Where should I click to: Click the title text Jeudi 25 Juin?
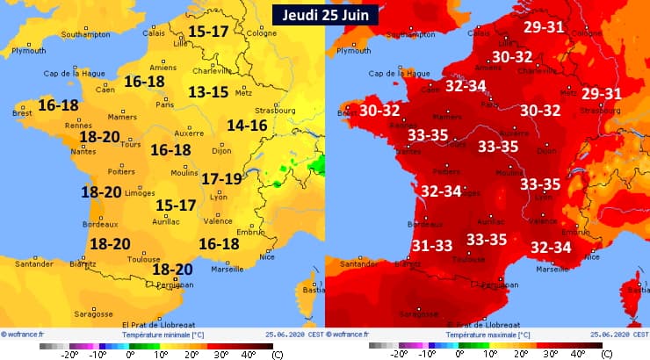click(x=325, y=13)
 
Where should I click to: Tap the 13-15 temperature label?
click(x=208, y=92)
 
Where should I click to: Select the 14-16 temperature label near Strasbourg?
click(x=247, y=126)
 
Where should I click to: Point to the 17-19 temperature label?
click(x=221, y=179)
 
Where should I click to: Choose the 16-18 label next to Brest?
click(x=58, y=105)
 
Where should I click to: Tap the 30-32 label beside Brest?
click(x=380, y=111)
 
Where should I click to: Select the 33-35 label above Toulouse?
click(x=487, y=239)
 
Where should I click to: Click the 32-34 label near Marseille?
click(x=552, y=248)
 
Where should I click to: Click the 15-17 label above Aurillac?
click(x=176, y=205)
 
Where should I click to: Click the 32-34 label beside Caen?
click(x=466, y=87)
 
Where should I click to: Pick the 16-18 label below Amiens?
click(x=144, y=82)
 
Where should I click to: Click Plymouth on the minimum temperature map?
click(x=28, y=52)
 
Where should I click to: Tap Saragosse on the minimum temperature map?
click(x=92, y=313)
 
